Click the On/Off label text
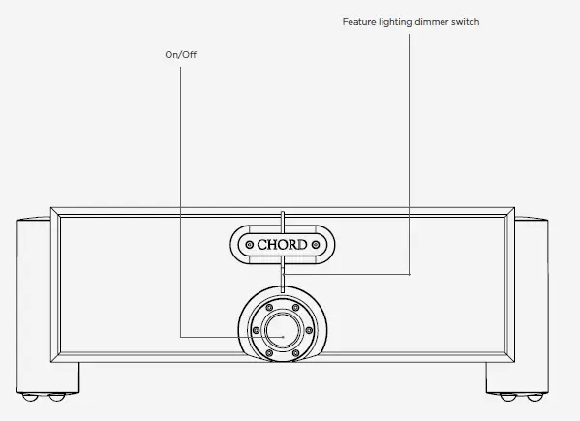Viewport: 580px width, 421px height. point(180,55)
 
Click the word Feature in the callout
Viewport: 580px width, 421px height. point(359,22)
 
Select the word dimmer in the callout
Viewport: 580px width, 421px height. point(431,22)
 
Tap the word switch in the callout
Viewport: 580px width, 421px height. point(466,22)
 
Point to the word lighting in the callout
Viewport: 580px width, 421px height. point(395,23)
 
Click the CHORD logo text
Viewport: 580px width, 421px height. point(282,245)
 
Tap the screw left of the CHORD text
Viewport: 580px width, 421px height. point(250,245)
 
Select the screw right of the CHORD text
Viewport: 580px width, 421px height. point(316,245)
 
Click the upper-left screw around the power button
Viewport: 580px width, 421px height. point(269,308)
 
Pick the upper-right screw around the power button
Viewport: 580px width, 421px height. point(296,308)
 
